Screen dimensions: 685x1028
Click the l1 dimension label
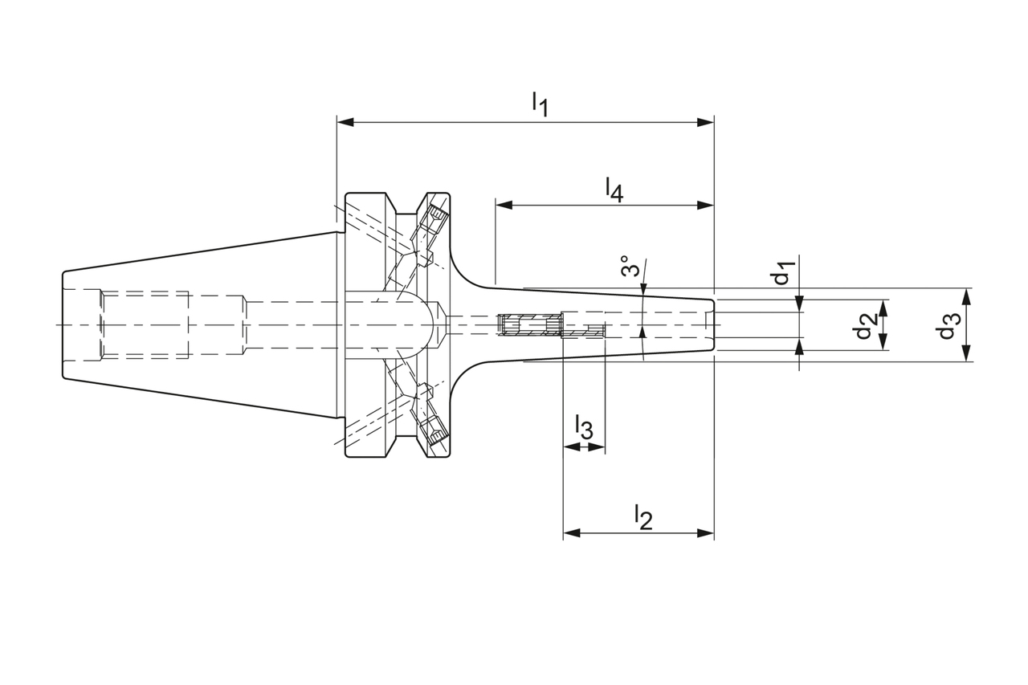click(x=539, y=104)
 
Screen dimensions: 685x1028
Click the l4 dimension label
click(x=614, y=189)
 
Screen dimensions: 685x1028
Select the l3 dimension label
click(x=584, y=428)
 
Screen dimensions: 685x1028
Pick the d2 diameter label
click(x=864, y=325)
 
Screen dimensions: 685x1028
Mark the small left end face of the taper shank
click(x=63, y=324)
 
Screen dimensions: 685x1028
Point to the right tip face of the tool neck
click(x=713, y=324)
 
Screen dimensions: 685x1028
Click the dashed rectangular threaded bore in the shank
click(x=145, y=324)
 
